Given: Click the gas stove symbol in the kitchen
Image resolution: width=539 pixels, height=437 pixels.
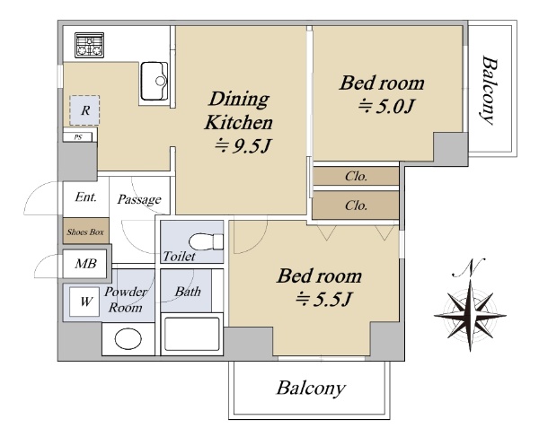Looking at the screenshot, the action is (89, 45).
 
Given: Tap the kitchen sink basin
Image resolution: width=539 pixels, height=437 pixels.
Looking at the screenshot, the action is (155, 81).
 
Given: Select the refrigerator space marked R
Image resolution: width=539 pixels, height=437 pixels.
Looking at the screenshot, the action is (84, 110).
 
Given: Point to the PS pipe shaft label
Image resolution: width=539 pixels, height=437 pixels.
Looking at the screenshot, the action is (78, 137).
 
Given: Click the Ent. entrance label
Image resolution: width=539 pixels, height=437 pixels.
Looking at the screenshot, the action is (86, 197).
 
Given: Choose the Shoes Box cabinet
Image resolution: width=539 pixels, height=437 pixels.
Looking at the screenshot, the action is (85, 231).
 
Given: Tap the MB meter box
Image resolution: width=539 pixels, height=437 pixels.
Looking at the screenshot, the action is (85, 264).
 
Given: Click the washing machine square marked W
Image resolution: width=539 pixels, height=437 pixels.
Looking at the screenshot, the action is (84, 302).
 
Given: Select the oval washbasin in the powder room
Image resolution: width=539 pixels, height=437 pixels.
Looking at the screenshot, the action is (128, 339).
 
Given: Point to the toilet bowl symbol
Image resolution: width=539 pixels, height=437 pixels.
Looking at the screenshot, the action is (207, 241).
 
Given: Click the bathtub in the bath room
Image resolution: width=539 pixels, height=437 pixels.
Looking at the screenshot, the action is (192, 334).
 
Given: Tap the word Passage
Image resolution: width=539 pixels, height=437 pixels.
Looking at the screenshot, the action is (139, 199).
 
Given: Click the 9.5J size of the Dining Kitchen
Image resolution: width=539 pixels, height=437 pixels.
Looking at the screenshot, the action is (243, 146).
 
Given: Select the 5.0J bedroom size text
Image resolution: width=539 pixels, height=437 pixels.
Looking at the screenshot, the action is (385, 107).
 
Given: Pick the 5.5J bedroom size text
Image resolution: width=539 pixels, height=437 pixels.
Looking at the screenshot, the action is (323, 300).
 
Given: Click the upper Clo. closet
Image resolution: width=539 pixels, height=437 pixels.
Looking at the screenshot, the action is (356, 177).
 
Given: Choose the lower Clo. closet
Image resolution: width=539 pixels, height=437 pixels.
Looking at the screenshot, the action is (356, 205).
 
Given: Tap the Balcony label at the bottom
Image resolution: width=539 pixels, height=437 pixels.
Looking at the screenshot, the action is (311, 389).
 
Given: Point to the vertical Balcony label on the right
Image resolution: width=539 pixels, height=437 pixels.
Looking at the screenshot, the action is (489, 91).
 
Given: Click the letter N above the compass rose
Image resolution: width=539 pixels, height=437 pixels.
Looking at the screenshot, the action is (469, 267).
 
